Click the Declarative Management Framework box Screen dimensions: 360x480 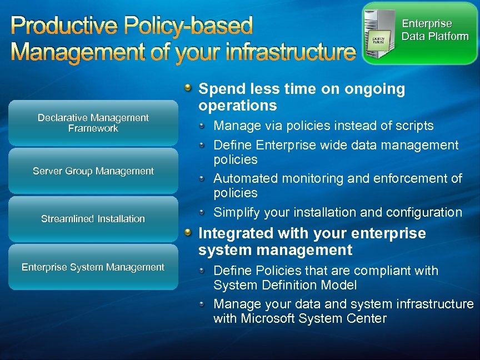tap(93, 123)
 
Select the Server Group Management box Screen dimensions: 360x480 tap(93, 171)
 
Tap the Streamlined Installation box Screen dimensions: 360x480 tap(93, 219)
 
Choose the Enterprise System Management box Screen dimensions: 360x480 tap(93, 267)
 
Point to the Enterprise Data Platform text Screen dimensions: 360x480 tap(434, 30)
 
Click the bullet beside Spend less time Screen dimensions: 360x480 tap(189, 88)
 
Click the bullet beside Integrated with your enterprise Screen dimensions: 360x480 tap(189, 232)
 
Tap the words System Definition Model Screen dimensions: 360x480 tap(285, 285)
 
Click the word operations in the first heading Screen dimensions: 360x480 tap(237, 106)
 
